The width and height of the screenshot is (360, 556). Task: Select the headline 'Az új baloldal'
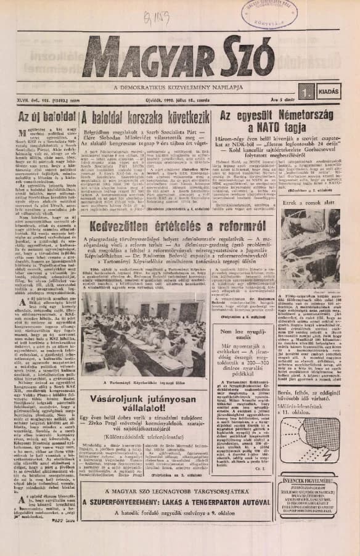pyautogui.click(x=40, y=115)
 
